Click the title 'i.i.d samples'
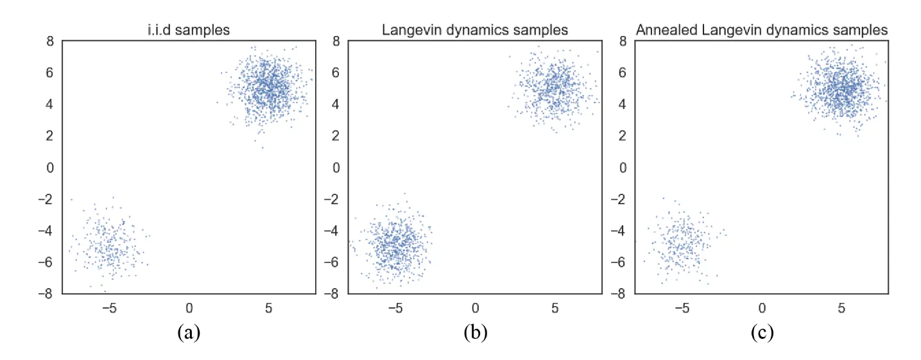(x=189, y=30)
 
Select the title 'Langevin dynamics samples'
(x=475, y=30)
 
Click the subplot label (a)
(x=189, y=332)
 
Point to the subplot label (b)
(x=476, y=332)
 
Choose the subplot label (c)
(x=762, y=332)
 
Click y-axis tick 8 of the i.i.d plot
(x=50, y=41)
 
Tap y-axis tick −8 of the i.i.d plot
(x=46, y=293)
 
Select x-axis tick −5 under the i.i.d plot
(x=109, y=308)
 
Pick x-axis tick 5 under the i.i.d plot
(x=268, y=308)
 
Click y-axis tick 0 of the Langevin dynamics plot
(x=336, y=167)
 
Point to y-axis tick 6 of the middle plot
(x=336, y=73)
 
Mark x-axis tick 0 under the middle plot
(x=476, y=308)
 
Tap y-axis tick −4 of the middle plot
(x=332, y=230)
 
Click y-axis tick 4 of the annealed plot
(x=623, y=105)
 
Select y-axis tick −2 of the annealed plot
(x=619, y=200)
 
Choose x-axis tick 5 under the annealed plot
(x=841, y=308)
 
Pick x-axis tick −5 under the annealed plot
(x=682, y=308)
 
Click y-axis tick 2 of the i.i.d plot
(x=50, y=136)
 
